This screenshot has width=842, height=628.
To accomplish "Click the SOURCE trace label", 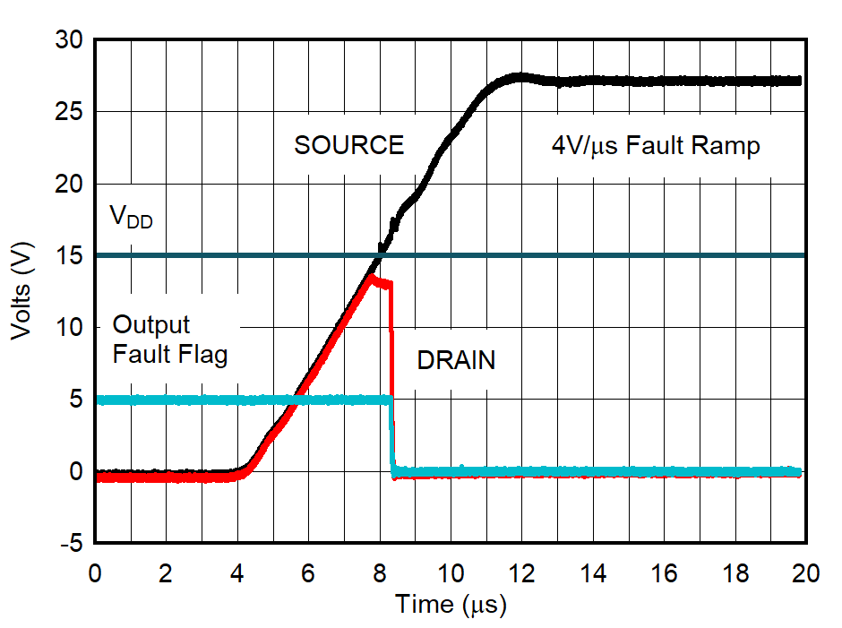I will tap(348, 145).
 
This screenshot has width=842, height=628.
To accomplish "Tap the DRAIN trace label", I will tap(456, 361).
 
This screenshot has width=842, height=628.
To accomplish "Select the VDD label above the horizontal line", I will tap(131, 216).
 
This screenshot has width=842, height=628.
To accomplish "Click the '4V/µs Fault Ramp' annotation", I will tap(655, 145).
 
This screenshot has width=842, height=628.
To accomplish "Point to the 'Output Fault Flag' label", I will tap(169, 340).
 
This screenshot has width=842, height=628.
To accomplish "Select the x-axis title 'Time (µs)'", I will tap(451, 605).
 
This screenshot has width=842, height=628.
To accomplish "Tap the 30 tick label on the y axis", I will tap(69, 40).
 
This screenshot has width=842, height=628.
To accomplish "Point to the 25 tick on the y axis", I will tap(69, 113).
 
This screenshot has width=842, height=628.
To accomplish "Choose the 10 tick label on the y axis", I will tap(69, 328).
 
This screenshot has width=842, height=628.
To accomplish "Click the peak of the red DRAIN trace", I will tap(370, 277).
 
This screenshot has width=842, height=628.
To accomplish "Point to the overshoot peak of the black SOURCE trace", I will tap(520, 76).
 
